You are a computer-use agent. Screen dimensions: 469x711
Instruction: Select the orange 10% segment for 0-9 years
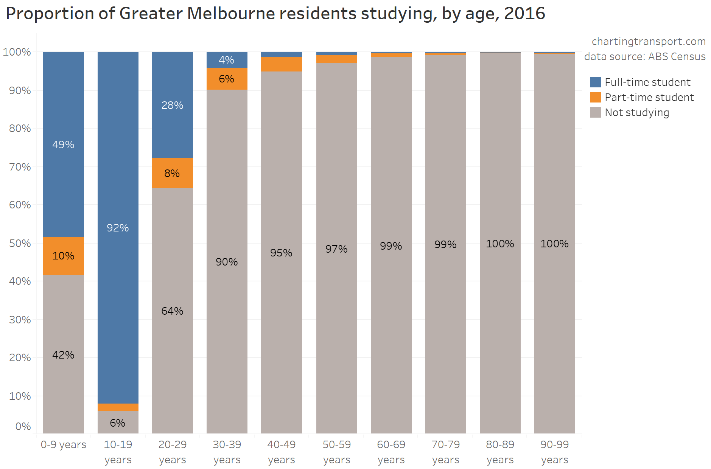[64, 256]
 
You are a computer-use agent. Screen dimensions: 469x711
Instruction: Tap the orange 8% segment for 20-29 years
[173, 173]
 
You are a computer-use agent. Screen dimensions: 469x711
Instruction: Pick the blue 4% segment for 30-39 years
[227, 60]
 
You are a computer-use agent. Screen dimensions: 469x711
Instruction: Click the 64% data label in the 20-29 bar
[172, 311]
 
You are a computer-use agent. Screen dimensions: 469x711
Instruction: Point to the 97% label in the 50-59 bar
[336, 249]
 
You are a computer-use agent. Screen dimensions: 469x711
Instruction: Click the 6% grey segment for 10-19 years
[118, 422]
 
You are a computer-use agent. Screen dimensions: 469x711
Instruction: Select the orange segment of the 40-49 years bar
[282, 64]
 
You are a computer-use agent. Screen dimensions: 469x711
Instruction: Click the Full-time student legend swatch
[596, 82]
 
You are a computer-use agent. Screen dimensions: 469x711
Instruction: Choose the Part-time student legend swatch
[596, 97]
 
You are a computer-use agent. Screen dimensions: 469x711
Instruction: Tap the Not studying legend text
[637, 113]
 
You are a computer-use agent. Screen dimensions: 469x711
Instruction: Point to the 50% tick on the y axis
[20, 243]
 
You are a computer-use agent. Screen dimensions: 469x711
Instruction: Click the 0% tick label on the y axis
[23, 427]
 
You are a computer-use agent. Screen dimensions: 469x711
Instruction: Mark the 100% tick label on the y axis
[17, 52]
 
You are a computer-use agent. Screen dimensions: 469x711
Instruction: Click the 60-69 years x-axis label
[391, 452]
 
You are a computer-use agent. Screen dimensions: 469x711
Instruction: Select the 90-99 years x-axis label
[555, 452]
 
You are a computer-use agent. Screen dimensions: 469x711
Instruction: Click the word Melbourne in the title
[231, 14]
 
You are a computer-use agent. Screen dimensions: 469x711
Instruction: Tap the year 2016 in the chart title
[524, 14]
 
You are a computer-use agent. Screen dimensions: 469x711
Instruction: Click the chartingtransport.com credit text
[649, 41]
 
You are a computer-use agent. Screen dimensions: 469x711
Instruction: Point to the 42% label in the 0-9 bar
[63, 355]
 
